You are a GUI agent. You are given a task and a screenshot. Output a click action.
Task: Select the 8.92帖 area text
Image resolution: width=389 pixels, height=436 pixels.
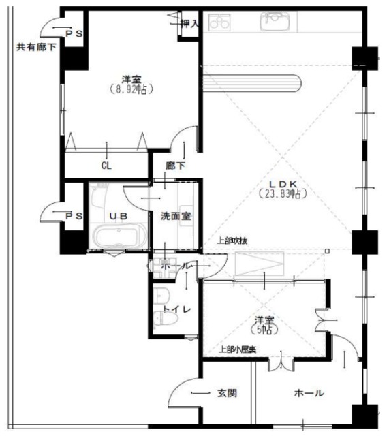click(131, 89)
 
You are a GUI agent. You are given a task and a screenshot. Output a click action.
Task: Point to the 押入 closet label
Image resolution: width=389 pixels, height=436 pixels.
click(189, 23)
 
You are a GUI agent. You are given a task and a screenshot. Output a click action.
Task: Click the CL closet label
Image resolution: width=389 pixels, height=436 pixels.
click(106, 166)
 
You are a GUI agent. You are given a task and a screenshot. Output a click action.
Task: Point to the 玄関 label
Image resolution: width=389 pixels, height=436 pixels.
click(227, 393)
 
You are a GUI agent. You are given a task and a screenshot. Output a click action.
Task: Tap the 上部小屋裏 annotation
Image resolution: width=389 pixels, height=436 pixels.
click(236, 350)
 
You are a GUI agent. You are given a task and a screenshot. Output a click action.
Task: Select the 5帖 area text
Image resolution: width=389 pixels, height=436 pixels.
click(265, 330)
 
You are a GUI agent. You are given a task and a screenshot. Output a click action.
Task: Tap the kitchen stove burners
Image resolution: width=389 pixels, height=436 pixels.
click(219, 23)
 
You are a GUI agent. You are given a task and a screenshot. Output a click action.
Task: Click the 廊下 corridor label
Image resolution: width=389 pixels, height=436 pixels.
click(176, 166)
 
